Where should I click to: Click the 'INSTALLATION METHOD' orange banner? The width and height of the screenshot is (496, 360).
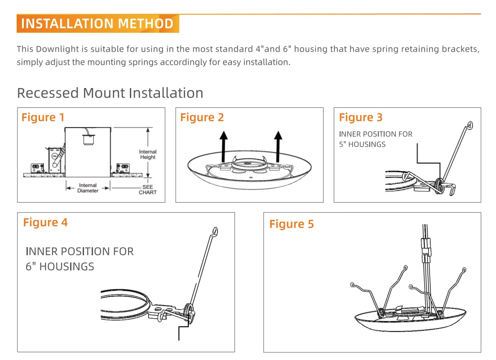(97, 24)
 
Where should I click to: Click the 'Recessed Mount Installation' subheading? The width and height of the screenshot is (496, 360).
(110, 93)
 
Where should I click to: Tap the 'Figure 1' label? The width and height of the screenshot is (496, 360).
(43, 118)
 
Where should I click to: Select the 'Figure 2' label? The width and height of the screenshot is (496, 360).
(202, 118)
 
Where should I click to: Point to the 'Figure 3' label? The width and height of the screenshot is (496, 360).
(360, 118)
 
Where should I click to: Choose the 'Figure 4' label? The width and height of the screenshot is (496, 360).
(45, 222)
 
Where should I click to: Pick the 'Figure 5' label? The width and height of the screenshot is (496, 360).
(292, 224)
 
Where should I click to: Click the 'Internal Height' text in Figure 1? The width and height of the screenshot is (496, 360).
(147, 155)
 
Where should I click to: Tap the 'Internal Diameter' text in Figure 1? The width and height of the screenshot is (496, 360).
(88, 188)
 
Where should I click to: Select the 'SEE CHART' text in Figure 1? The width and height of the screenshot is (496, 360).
(147, 190)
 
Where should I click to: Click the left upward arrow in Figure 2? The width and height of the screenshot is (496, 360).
(225, 146)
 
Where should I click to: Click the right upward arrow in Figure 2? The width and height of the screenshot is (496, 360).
(279, 146)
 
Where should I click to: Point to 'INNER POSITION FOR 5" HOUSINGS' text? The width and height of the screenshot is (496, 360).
(376, 139)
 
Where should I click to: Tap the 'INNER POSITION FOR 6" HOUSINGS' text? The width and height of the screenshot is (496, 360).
(80, 259)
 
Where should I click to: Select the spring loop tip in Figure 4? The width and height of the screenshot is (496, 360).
(215, 231)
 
